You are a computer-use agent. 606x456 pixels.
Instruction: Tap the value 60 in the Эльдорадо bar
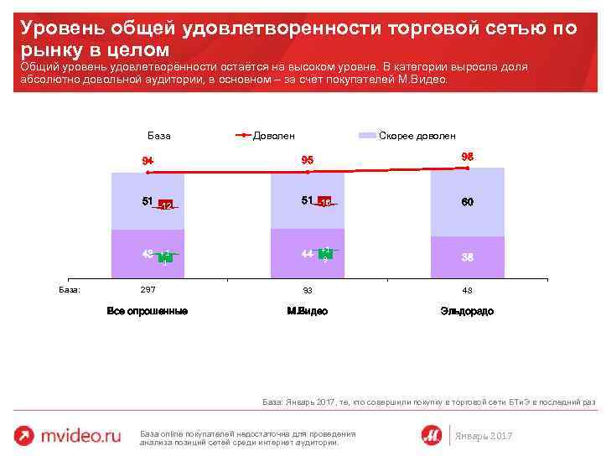click(467, 202)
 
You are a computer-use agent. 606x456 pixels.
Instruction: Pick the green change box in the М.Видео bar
click(325, 253)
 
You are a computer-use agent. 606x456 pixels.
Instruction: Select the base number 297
click(147, 290)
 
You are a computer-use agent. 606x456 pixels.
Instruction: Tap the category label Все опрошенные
click(147, 311)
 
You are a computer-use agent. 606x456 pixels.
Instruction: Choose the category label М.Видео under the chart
click(307, 311)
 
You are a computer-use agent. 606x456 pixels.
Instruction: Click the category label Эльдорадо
click(467, 311)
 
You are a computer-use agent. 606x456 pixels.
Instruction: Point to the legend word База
click(158, 135)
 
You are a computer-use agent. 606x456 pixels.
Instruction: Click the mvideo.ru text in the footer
click(81, 435)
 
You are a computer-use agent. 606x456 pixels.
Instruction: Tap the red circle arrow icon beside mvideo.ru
click(24, 435)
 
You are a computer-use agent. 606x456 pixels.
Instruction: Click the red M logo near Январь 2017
click(432, 434)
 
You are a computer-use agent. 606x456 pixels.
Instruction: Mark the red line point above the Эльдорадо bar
click(467, 168)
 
